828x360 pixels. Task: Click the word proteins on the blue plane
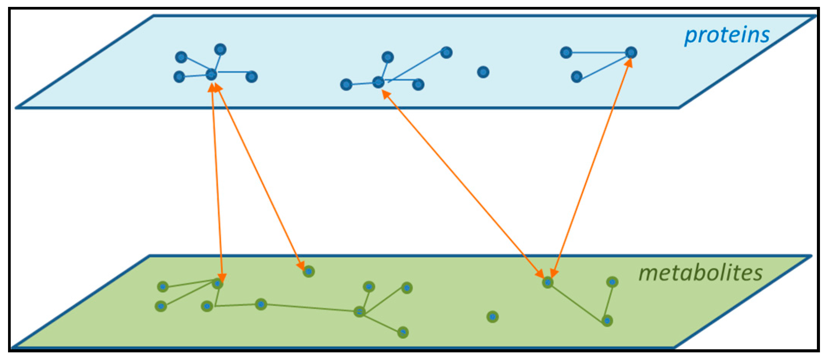tap(727, 36)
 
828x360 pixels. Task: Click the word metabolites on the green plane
tap(700, 273)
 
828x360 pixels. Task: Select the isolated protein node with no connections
tap(483, 72)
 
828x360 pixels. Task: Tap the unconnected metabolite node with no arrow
tap(492, 317)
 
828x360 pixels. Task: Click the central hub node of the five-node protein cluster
tap(211, 75)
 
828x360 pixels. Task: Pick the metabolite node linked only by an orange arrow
tap(309, 272)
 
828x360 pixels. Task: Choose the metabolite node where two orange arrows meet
tap(548, 282)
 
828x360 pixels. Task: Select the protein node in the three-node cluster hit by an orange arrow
tap(631, 52)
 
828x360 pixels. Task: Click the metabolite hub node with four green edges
tap(359, 312)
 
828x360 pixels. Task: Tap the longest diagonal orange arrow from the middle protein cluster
tap(463, 184)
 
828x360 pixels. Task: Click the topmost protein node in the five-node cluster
tap(220, 49)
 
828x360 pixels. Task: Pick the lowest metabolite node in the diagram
tap(403, 332)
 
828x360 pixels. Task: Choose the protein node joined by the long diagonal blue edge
tap(446, 52)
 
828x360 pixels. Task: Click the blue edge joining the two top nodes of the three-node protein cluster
tap(598, 52)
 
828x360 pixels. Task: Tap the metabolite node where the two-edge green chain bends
tap(607, 321)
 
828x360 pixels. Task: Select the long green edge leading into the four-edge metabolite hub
tap(310, 308)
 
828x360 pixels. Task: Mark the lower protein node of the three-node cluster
tap(576, 77)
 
